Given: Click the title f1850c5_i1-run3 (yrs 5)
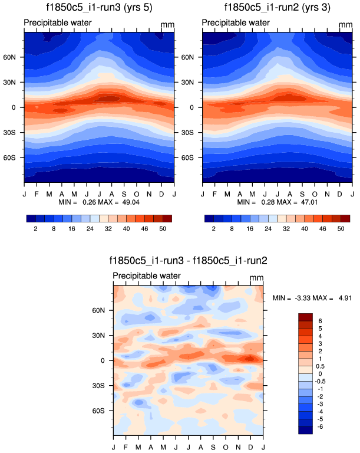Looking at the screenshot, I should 99,8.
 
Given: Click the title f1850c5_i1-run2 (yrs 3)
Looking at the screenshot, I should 277,8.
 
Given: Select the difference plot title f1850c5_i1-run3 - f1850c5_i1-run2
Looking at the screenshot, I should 188,261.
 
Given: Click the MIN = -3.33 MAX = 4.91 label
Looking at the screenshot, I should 312,298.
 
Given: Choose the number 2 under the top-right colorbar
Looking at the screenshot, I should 214,228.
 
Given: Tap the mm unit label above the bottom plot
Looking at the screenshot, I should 256,278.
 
